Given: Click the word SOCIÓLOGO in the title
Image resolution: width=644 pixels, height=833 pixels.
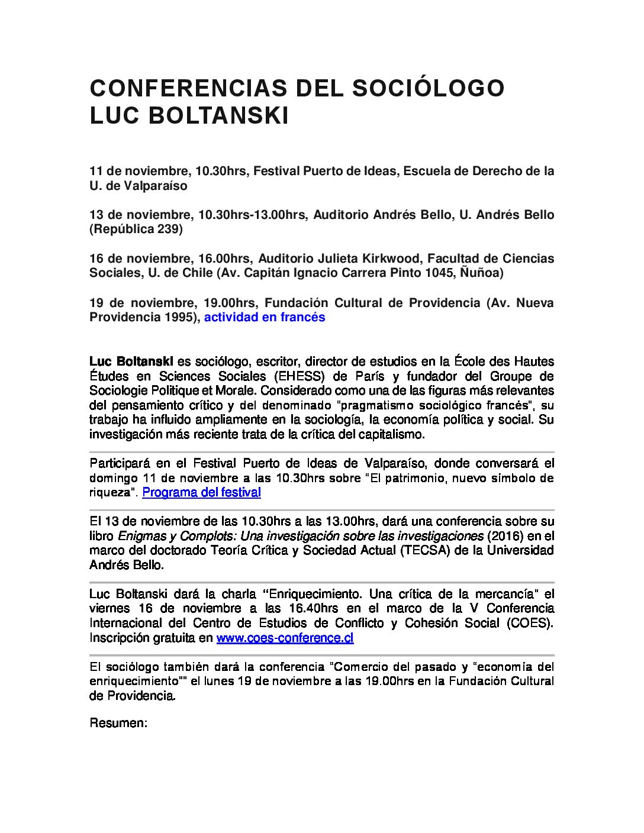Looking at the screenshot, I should (429, 88).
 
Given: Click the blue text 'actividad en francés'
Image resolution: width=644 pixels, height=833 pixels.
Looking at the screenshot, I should (265, 317).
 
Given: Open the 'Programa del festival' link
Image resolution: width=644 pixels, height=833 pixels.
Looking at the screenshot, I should (201, 492).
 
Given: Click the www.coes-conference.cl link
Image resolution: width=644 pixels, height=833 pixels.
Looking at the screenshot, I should (285, 638).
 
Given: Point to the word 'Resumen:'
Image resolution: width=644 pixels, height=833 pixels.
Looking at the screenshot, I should (118, 723).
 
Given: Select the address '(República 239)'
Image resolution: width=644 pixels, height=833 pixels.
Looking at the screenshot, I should (136, 229).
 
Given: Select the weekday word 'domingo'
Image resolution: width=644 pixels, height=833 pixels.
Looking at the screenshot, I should (112, 478).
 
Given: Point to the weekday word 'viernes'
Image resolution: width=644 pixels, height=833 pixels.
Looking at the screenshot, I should (110, 608).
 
